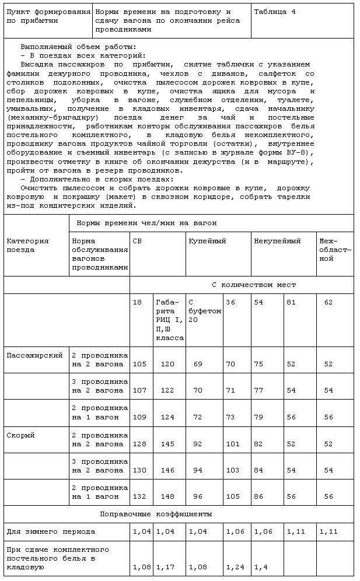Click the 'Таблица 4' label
(274, 12)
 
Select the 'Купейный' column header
(207, 241)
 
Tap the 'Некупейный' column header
(277, 241)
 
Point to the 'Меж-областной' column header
(335, 250)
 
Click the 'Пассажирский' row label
(34, 355)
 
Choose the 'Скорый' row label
(20, 435)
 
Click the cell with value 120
(167, 364)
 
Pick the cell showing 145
(167, 444)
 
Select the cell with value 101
(233, 444)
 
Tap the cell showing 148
(167, 496)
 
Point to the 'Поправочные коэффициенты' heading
(156, 514)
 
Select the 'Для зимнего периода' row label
(51, 532)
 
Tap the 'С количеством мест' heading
(253, 285)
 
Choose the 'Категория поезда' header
(27, 246)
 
